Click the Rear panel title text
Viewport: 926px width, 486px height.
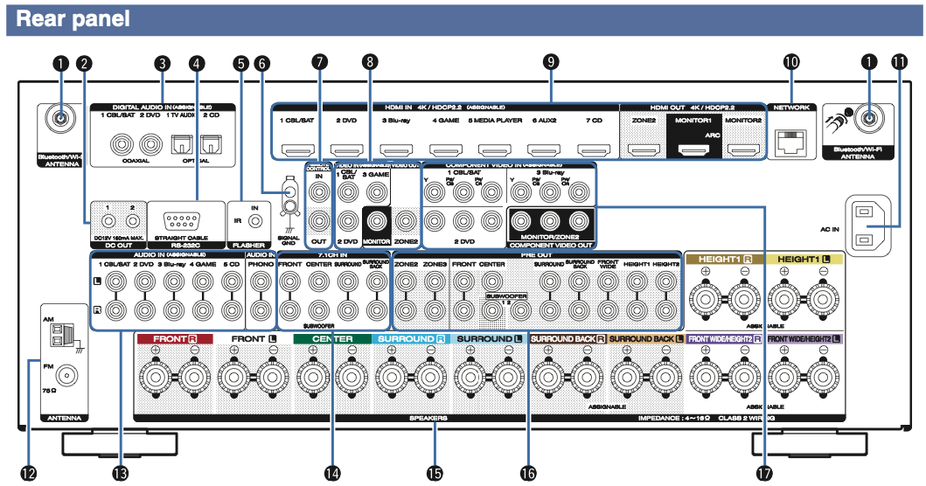[x=73, y=18]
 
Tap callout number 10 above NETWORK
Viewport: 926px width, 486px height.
[x=790, y=63]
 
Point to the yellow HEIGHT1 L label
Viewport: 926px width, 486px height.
[x=804, y=260]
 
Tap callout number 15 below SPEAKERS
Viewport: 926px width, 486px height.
[x=434, y=472]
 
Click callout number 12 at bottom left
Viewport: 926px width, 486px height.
[x=29, y=472]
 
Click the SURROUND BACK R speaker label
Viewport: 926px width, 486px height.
[x=567, y=338]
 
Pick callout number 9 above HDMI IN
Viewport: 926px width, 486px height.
[x=550, y=63]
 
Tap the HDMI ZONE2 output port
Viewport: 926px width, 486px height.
[x=645, y=150]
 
